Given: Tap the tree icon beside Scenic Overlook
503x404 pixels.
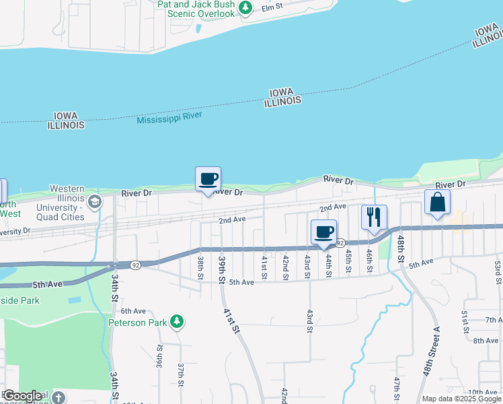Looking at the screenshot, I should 246,8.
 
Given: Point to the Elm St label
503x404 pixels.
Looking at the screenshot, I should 270,8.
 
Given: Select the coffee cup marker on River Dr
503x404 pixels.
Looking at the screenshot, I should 208,179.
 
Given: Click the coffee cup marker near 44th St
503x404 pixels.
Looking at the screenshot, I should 324,232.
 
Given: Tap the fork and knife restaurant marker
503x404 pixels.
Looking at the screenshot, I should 374,217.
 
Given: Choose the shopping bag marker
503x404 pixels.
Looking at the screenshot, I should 437,202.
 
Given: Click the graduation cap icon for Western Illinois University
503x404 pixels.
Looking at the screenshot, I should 95,201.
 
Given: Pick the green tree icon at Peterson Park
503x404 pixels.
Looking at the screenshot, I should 176,322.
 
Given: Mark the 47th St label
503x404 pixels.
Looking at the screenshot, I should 397,389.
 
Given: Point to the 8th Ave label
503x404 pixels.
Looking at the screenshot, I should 486,341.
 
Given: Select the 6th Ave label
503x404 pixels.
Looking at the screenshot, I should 133,310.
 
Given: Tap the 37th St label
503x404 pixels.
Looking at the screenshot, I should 181,372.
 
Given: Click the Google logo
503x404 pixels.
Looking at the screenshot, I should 23,396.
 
